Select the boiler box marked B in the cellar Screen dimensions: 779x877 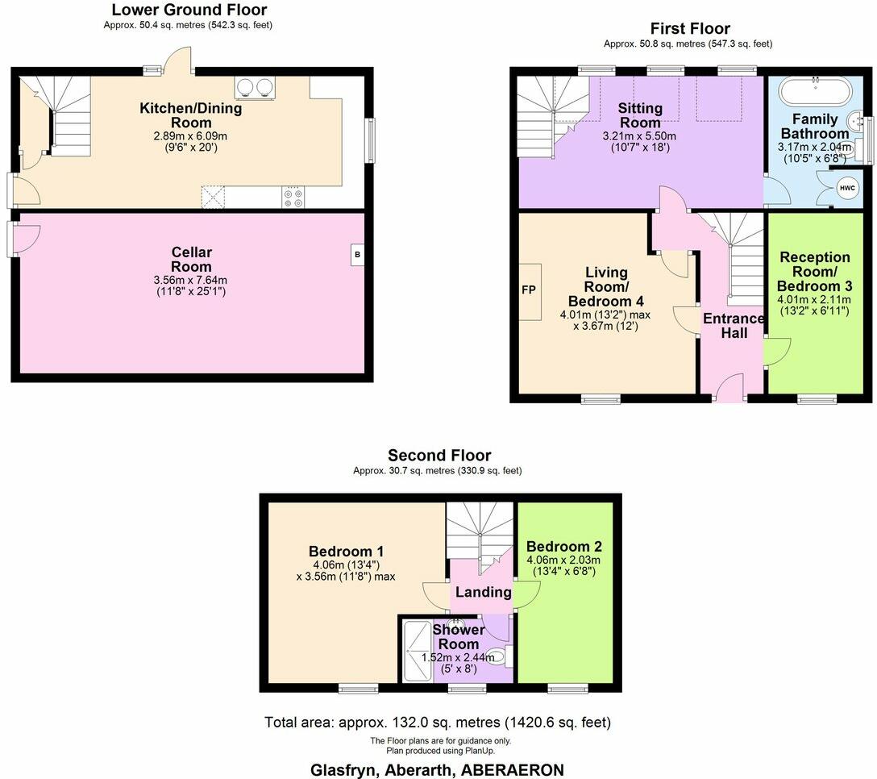[x=357, y=255]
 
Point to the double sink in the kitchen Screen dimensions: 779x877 [x=254, y=87]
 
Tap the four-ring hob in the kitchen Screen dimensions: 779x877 [x=293, y=197]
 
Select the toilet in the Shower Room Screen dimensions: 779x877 [x=498, y=658]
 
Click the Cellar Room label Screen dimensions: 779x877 [x=192, y=260]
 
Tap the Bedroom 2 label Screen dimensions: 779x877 [x=563, y=546]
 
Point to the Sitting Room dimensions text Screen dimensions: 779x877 [x=641, y=141]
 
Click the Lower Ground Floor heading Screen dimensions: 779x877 [x=189, y=10]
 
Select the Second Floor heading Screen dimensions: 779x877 [x=438, y=456]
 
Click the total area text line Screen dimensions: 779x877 [x=438, y=722]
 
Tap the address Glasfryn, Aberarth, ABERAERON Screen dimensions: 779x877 [x=437, y=769]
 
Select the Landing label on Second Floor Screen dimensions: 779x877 [x=483, y=592]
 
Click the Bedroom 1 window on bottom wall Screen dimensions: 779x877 [x=358, y=688]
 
